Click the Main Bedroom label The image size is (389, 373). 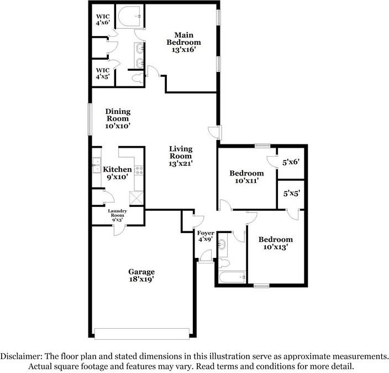click(183, 42)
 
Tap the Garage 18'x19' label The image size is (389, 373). click(141, 276)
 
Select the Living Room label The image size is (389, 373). click(181, 156)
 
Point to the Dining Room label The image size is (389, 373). click(118, 118)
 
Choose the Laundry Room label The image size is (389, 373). click(117, 215)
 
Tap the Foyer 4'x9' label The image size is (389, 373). click(206, 236)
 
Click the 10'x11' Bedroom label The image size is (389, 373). click(246, 177)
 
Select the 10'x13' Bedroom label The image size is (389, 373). click(276, 243)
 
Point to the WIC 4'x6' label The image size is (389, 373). click(103, 19)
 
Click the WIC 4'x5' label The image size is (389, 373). click(103, 73)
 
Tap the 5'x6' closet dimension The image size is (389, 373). click(291, 162)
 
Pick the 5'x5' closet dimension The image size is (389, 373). click(292, 193)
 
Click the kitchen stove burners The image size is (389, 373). click(139, 170)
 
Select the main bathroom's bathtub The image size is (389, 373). click(129, 17)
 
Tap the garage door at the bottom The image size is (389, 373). click(142, 334)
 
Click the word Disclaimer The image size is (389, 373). click(21, 356)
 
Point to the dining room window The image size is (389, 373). click(90, 120)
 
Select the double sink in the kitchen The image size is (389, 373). click(97, 165)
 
